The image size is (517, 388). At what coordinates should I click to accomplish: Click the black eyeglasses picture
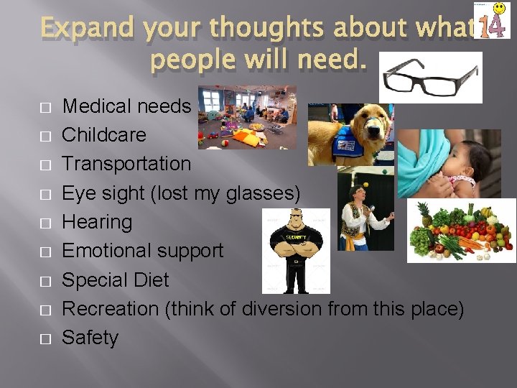[430, 76]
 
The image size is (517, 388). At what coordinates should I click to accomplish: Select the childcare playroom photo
[247, 117]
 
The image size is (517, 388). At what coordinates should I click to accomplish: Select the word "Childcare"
[104, 135]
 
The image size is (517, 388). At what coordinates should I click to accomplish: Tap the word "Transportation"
[127, 164]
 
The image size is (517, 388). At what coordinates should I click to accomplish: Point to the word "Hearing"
[97, 222]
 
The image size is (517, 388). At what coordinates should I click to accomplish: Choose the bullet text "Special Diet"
[116, 280]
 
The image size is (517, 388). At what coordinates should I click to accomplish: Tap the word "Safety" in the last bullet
[90, 338]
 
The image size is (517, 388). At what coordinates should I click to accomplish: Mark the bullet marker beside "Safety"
[45, 338]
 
